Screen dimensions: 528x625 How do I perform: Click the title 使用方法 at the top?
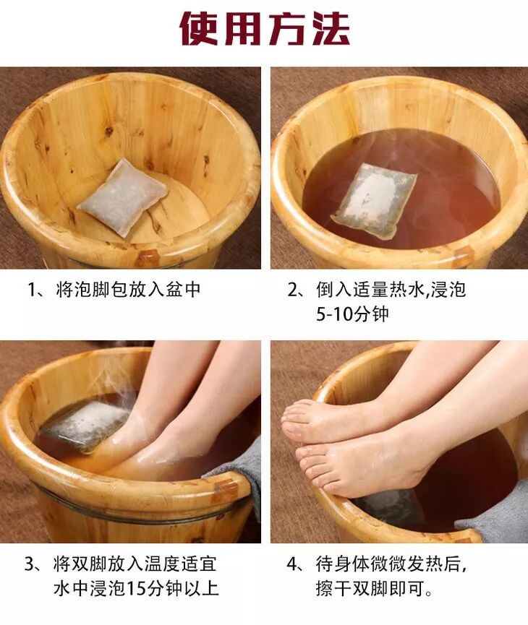pos(265,29)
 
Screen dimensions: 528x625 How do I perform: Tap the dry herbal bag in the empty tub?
pos(124,197)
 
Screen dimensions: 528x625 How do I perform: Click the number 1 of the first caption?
pos(32,290)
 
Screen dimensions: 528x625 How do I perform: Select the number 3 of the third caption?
pos(30,564)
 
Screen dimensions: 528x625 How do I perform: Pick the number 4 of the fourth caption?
pos(292,564)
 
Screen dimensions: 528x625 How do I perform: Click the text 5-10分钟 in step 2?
pos(352,314)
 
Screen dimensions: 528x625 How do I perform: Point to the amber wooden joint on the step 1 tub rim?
pos(147,257)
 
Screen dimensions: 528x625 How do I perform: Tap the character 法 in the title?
pos(331,29)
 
